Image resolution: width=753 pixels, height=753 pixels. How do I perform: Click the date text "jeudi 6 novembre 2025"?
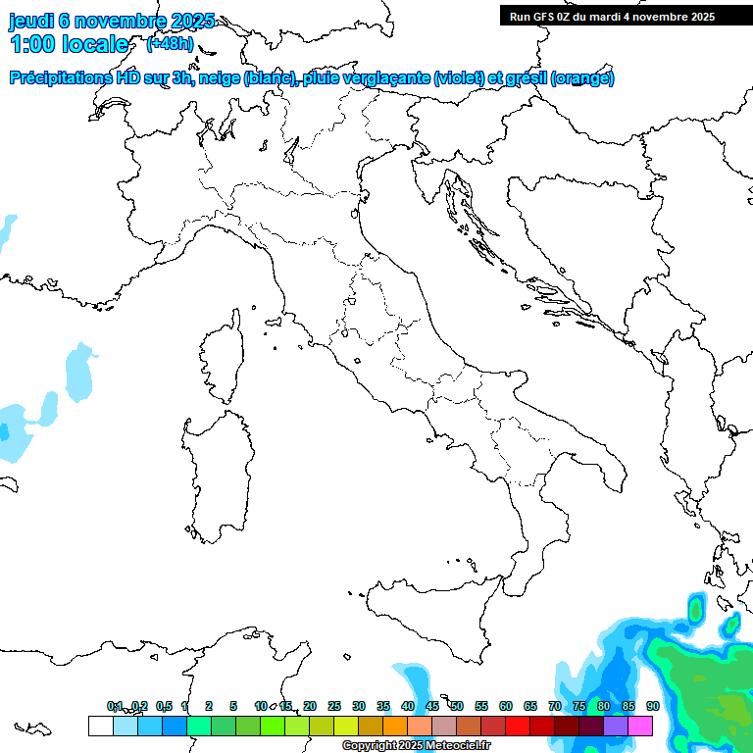(111, 21)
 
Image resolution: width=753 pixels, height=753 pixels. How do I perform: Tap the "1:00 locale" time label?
(70, 44)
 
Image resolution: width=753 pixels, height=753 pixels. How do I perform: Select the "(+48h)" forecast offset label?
(170, 44)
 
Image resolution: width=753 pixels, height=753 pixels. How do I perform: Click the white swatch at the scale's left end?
(100, 726)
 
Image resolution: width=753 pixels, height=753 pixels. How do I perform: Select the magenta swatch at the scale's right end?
(641, 726)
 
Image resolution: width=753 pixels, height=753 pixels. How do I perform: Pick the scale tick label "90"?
(653, 706)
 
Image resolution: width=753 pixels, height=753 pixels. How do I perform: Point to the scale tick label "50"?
(457, 706)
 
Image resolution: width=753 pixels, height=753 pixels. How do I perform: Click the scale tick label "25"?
(334, 706)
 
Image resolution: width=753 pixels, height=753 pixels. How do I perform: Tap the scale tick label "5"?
(233, 706)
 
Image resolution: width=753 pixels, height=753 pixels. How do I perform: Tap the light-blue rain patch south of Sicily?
(416, 681)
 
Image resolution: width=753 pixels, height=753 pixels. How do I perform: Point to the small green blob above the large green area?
(696, 610)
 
